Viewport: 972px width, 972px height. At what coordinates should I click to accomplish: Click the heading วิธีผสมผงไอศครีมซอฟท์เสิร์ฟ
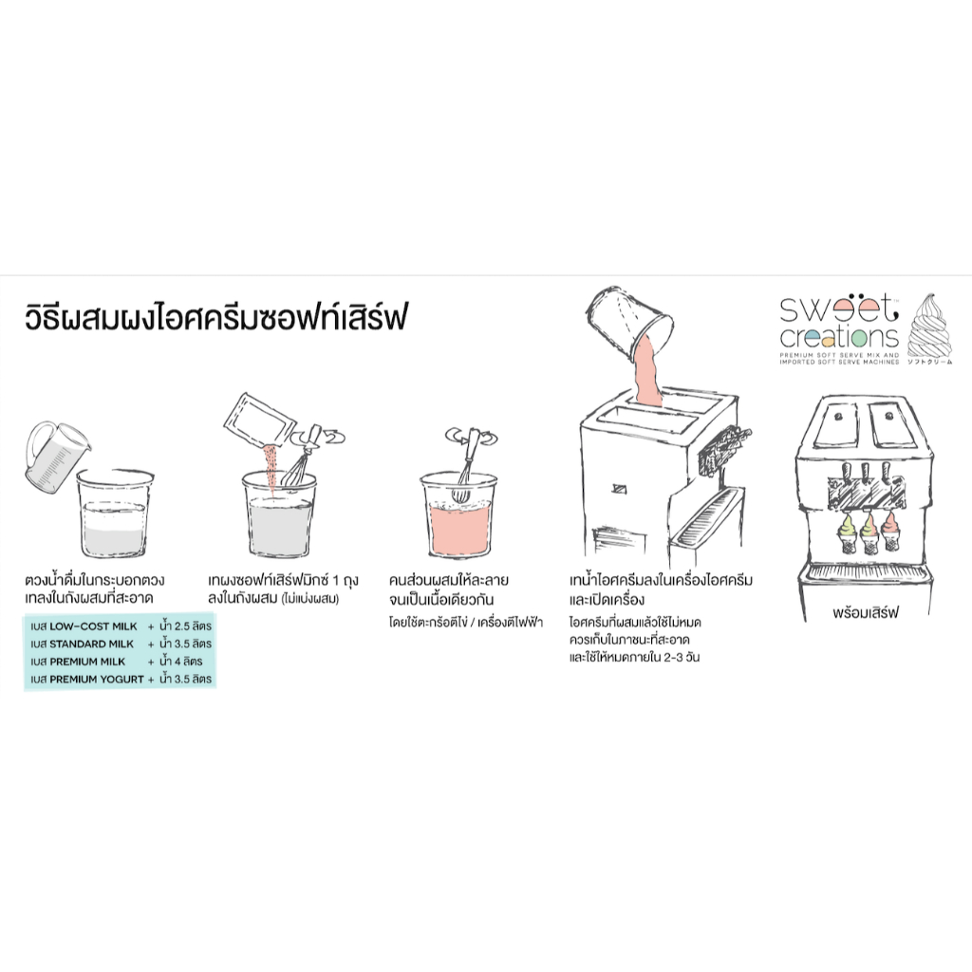[215, 317]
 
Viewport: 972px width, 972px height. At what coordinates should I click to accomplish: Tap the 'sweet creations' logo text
[839, 322]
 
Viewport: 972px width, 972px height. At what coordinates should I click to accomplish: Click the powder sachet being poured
[259, 421]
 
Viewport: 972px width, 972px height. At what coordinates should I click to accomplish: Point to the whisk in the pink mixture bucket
[465, 465]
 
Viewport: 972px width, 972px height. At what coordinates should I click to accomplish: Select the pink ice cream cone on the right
[890, 531]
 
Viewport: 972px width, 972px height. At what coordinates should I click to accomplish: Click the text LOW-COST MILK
[93, 626]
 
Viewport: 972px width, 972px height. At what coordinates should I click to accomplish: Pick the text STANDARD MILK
[91, 645]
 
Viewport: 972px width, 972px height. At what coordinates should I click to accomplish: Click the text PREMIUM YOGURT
[97, 680]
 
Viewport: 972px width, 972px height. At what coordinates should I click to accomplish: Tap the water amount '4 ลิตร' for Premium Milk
[189, 662]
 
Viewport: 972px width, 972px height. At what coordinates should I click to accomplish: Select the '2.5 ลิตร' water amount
[193, 626]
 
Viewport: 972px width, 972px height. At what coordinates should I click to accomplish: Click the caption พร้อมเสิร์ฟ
[866, 613]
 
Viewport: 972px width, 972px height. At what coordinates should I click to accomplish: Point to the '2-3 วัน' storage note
[682, 657]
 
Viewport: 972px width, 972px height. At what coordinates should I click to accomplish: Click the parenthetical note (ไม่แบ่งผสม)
[310, 599]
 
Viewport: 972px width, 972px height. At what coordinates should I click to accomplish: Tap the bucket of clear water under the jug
[115, 513]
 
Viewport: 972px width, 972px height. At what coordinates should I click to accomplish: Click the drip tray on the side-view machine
[706, 517]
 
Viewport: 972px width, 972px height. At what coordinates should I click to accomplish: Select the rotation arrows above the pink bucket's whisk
[472, 437]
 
